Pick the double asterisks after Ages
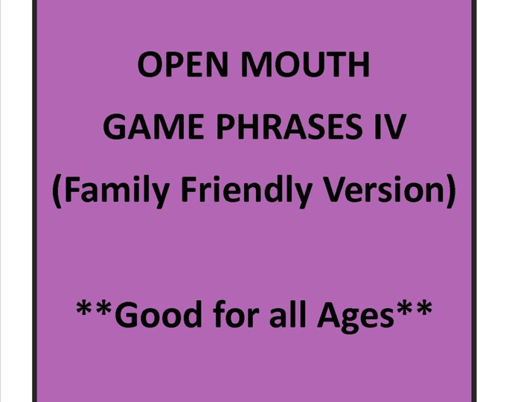coord(415,308)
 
